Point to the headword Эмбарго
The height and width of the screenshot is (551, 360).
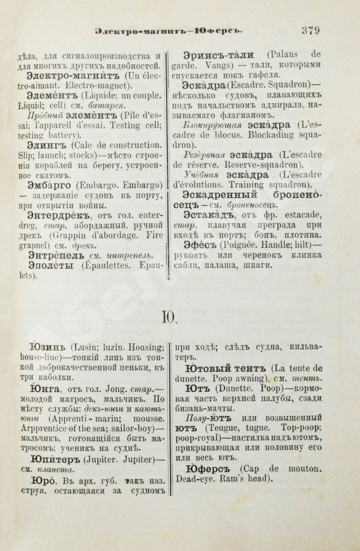[x=52, y=186]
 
